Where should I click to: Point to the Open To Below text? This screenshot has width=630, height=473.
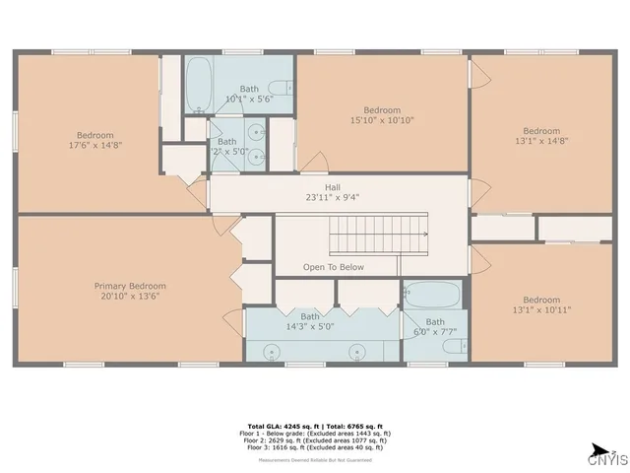click(x=333, y=267)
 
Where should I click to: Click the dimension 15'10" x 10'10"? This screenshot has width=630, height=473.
click(x=382, y=120)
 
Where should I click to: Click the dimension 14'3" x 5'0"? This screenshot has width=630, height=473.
click(x=310, y=325)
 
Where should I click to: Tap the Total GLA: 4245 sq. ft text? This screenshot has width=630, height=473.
click(x=278, y=425)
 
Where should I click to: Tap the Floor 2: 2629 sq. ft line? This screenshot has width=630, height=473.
click(x=315, y=439)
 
